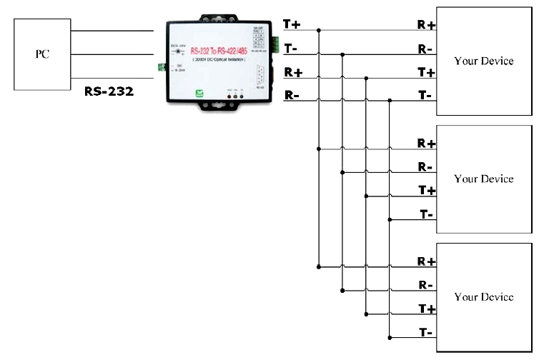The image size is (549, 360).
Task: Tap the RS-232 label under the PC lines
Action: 108,91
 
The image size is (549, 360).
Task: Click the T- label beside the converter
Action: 292,48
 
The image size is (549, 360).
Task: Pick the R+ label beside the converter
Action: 292,72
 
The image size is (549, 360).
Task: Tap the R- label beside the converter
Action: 292,95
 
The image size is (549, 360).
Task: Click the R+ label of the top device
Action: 426,24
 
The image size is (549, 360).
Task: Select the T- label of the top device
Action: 426,95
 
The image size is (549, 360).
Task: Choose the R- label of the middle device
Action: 426,167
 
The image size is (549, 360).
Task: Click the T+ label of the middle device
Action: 426,190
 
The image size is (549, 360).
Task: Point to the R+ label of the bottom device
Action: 426,261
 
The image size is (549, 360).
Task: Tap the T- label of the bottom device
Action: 426,331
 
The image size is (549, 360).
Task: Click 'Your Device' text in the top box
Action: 484,61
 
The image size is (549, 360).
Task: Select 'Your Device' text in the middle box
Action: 484,179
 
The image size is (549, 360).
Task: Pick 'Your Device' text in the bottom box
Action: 484,296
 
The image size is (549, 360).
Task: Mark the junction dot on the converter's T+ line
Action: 318,31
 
